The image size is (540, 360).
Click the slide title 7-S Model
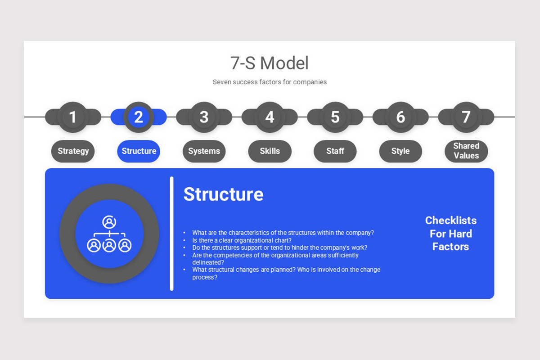click(x=270, y=63)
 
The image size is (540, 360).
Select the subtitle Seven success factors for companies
click(x=270, y=82)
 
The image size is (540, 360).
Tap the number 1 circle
click(x=73, y=117)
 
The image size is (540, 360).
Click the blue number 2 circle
click(x=139, y=117)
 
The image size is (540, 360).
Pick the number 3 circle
click(x=204, y=117)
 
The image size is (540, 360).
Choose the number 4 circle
click(x=270, y=117)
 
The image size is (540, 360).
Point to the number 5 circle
click(x=335, y=117)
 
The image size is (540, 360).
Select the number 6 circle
click(x=400, y=117)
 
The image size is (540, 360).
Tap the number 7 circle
click(x=466, y=117)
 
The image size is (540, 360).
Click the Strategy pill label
click(x=73, y=151)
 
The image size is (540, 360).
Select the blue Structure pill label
click(x=139, y=151)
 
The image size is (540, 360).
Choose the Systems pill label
click(x=204, y=151)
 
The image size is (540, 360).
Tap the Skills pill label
click(x=270, y=151)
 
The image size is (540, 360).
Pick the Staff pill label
click(x=335, y=151)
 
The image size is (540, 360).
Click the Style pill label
click(x=400, y=151)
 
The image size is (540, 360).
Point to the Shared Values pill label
click(x=466, y=151)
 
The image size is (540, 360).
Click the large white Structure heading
click(x=223, y=194)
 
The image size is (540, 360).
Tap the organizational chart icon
click(x=109, y=234)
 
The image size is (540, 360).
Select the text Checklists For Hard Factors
click(x=450, y=234)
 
